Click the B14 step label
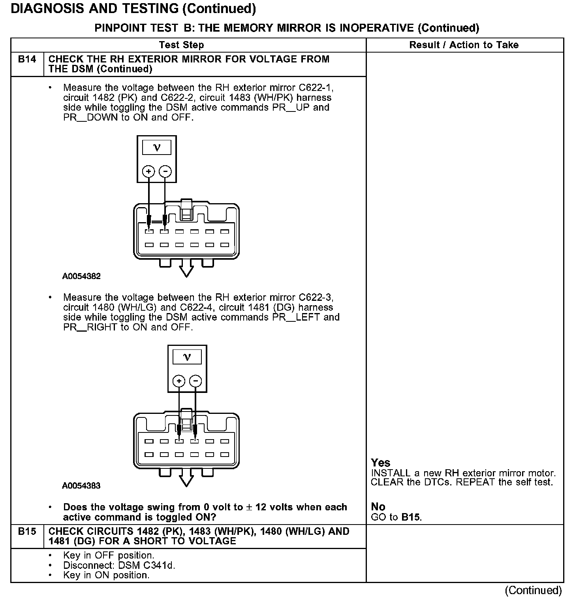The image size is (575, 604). (x=27, y=59)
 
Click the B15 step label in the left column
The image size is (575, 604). (x=27, y=532)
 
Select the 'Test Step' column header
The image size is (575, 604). (x=182, y=45)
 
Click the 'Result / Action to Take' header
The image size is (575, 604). (x=464, y=45)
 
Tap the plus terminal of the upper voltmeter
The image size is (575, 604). (x=148, y=172)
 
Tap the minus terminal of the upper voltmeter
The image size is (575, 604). (x=165, y=172)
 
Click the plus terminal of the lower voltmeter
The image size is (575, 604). (x=179, y=381)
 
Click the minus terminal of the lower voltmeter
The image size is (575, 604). (x=195, y=381)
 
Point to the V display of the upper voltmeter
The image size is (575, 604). (x=157, y=148)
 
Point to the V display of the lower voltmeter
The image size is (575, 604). (x=187, y=357)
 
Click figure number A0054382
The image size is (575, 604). (x=81, y=276)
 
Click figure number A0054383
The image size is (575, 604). (x=81, y=486)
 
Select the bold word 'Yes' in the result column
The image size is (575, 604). (x=381, y=463)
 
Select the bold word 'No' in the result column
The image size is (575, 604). (x=378, y=507)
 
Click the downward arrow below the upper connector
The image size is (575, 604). (x=186, y=271)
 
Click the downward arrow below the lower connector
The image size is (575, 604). (x=186, y=480)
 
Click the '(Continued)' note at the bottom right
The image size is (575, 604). (x=533, y=591)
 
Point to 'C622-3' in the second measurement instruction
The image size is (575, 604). (x=319, y=297)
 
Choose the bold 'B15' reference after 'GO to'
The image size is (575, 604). (x=411, y=517)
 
